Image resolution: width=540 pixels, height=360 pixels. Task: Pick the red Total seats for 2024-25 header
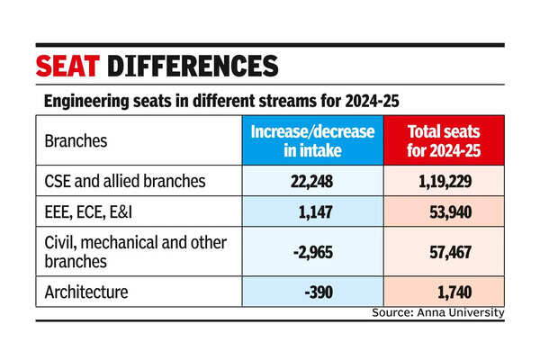tap(443, 141)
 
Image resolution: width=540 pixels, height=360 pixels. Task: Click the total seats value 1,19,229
tap(443, 181)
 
